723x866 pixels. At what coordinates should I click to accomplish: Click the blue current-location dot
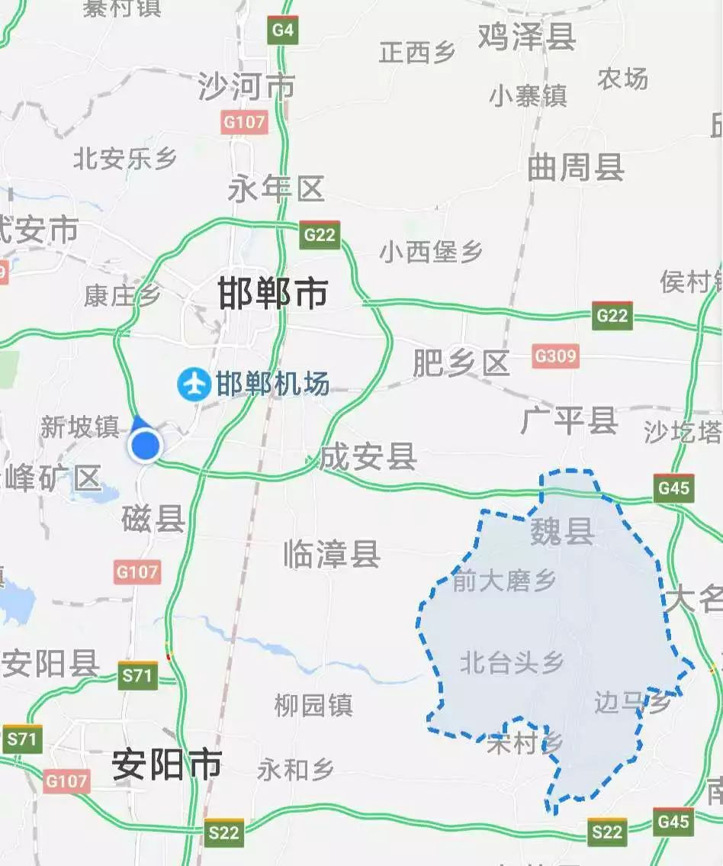[145, 446]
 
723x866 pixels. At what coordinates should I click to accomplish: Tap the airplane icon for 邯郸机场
[194, 384]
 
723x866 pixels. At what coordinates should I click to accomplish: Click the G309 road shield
[555, 356]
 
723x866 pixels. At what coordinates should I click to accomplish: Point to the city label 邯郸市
[273, 294]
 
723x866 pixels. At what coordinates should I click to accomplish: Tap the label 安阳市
[167, 765]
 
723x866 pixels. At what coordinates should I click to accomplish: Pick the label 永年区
[276, 188]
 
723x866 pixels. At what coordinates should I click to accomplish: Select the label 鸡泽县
[526, 36]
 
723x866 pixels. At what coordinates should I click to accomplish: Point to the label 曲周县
[576, 168]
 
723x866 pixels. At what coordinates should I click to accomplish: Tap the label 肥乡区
[461, 364]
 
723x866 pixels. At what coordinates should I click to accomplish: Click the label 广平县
[569, 420]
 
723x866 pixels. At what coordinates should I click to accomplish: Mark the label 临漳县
[332, 553]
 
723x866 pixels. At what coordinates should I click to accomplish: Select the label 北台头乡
[512, 662]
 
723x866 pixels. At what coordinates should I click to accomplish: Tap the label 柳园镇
[313, 704]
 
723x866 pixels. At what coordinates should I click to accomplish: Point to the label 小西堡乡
[431, 251]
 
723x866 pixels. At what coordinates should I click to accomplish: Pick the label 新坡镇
[79, 427]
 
